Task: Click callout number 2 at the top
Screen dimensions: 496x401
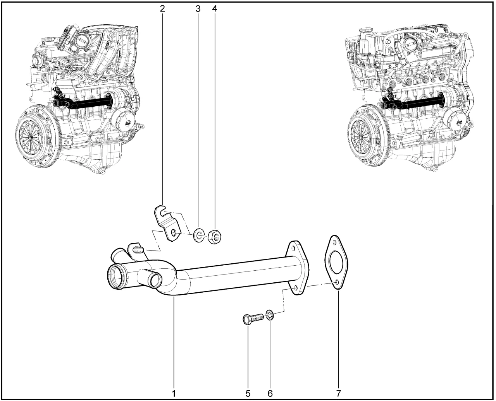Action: [162, 9]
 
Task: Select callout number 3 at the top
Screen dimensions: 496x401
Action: [198, 9]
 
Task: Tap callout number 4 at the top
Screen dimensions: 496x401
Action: [214, 9]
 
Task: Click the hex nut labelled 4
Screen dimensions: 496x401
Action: [214, 237]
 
